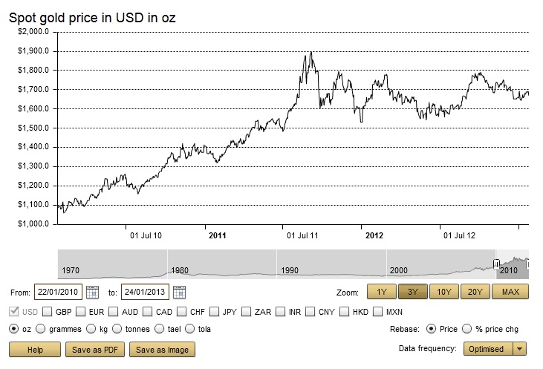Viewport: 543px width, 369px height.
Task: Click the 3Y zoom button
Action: [x=412, y=292]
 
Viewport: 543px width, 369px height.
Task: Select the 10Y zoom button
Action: [x=444, y=292]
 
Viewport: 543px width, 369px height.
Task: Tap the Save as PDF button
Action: [x=95, y=349]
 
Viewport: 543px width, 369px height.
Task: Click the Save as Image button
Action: [x=163, y=349]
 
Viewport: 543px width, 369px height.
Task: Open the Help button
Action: [x=34, y=349]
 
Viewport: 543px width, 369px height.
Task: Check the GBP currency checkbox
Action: [x=48, y=311]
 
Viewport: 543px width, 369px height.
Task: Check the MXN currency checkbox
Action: [x=378, y=311]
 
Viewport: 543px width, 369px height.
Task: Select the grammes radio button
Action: [x=41, y=329]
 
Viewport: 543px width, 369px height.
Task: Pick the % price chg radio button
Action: [x=466, y=329]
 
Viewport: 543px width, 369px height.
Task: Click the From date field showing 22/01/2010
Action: [x=57, y=292]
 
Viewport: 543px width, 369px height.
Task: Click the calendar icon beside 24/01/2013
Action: [x=179, y=292]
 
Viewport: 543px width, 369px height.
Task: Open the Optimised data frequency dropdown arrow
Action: [x=520, y=349]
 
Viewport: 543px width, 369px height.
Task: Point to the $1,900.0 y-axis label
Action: [x=33, y=51]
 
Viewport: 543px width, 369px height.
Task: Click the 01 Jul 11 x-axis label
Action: [x=303, y=236]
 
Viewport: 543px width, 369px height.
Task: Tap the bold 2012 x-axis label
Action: [x=374, y=236]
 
